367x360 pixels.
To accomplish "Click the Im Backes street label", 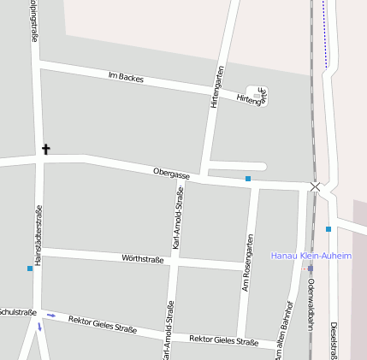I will [126, 78].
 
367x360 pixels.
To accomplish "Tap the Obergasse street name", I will [171, 174].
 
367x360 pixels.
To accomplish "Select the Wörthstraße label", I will [143, 258].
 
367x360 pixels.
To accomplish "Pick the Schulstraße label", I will [17, 312].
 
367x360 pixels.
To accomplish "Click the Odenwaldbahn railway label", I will [311, 303].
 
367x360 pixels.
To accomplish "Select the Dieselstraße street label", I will [332, 339].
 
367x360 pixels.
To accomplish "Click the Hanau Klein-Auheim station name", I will [311, 256].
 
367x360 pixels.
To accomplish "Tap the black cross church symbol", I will [46, 150].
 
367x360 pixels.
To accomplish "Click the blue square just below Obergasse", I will [248, 179].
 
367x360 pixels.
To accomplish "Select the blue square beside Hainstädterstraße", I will [30, 269].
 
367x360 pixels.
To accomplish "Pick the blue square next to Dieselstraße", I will [329, 229].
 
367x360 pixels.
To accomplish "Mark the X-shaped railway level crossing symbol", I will [316, 186].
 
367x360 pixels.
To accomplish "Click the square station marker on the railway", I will [311, 268].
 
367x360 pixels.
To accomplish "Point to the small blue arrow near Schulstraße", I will [51, 316].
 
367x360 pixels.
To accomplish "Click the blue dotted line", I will [325, 34].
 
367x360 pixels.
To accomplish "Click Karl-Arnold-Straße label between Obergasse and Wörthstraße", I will [177, 221].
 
